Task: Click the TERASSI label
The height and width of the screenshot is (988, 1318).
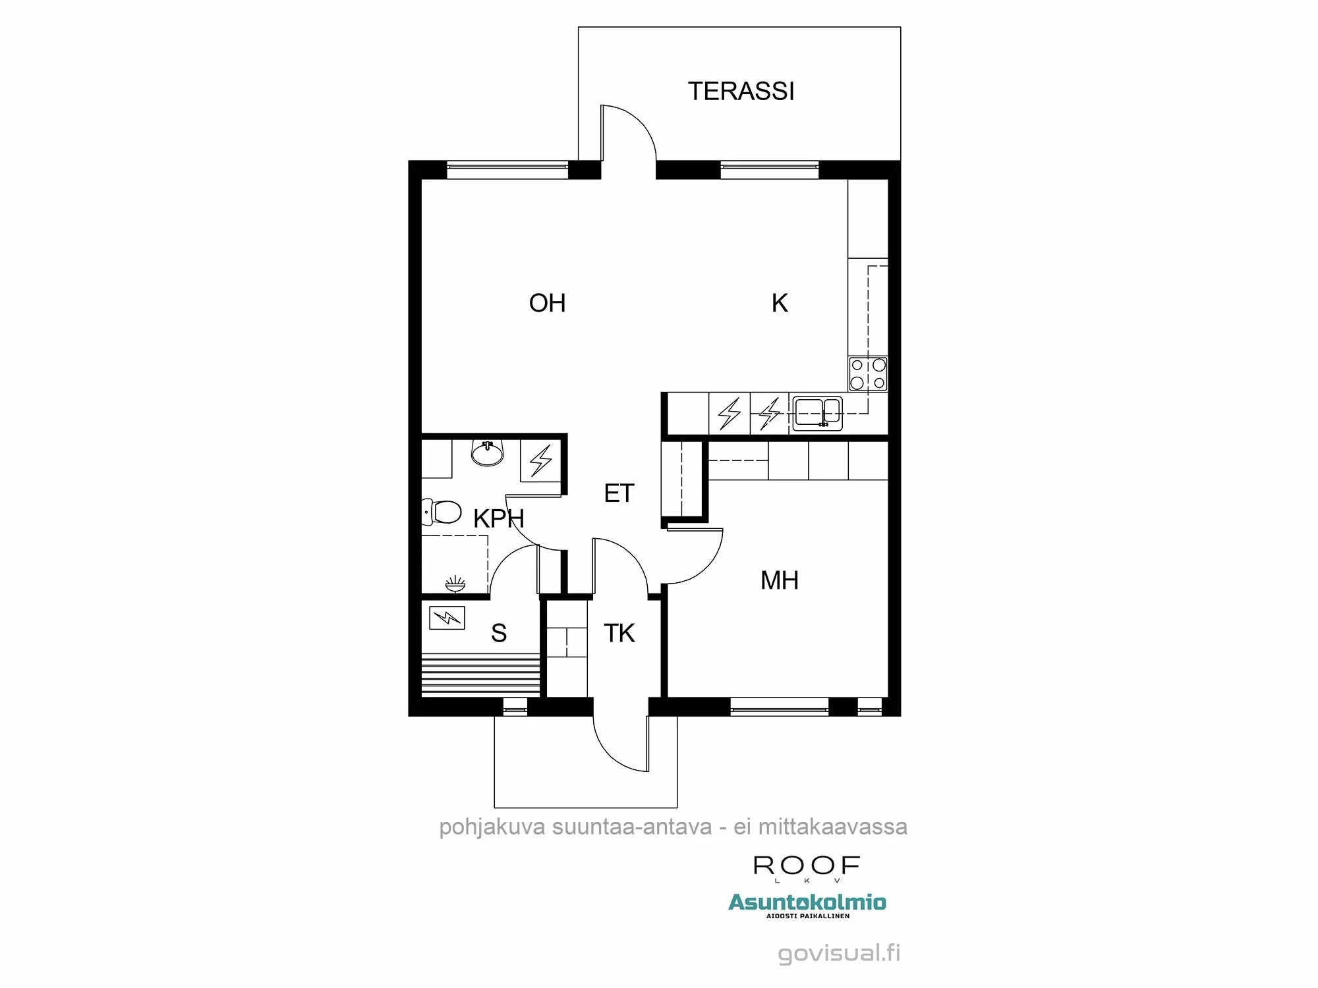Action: coord(741,91)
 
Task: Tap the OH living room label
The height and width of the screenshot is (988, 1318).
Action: coord(547,303)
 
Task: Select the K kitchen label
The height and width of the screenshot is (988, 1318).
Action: coord(780,303)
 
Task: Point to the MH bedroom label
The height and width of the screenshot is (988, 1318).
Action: coord(779,580)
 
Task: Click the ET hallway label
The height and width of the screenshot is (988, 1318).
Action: coord(619,493)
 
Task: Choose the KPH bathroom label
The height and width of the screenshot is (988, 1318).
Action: coord(498,518)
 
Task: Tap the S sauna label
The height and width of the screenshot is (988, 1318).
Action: coord(499,633)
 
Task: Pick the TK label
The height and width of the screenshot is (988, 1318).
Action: coord(619,633)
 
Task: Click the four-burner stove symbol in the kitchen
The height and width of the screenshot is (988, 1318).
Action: coord(868,373)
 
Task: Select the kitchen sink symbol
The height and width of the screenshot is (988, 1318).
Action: coord(817,413)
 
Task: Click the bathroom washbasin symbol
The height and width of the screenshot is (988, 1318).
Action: coord(488,453)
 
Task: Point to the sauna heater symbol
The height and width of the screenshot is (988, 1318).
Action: coord(447,618)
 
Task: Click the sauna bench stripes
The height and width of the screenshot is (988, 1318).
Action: coord(480,674)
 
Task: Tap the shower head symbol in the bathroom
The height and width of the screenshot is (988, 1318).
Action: coord(455,584)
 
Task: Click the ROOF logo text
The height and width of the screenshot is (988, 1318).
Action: coord(807,865)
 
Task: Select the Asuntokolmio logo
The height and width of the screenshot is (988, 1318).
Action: coord(807,903)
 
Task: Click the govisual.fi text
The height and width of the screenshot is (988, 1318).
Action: coord(838,953)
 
